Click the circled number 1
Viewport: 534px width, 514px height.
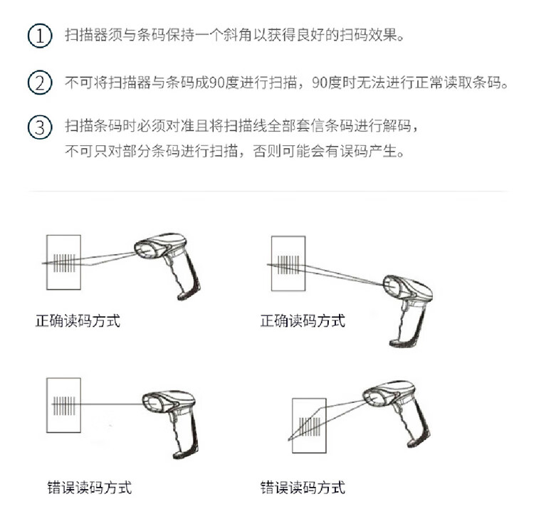[x=40, y=36]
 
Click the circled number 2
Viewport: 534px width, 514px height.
[x=40, y=83]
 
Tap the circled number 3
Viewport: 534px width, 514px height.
[x=40, y=127]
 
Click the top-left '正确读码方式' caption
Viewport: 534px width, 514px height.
[x=78, y=321]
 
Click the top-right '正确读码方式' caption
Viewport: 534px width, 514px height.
[x=303, y=321]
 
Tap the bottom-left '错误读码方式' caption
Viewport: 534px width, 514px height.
[x=90, y=488]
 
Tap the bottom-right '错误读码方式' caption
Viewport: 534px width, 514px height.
[x=303, y=488]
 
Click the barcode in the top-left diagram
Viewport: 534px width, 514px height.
[x=64, y=263]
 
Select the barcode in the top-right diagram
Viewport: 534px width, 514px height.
[x=288, y=265]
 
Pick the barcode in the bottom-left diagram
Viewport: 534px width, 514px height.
[x=64, y=406]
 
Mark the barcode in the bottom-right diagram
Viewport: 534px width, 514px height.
[x=310, y=426]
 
